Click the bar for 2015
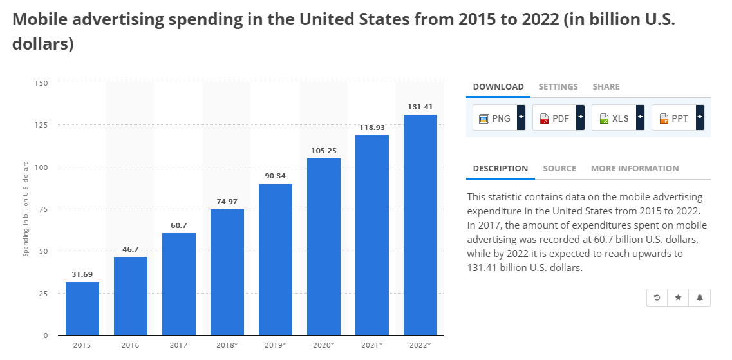click(82, 308)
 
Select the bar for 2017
click(179, 284)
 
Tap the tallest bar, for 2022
click(420, 225)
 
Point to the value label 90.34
click(276, 175)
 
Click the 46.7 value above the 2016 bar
click(131, 248)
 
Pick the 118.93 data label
click(372, 127)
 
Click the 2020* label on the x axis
click(324, 345)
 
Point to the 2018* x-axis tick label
click(227, 345)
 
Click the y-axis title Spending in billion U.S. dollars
click(26, 209)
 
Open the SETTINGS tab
click(558, 86)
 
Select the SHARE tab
click(606, 86)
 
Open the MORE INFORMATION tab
click(635, 168)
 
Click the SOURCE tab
click(559, 168)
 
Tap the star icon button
click(678, 298)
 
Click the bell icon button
click(700, 298)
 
